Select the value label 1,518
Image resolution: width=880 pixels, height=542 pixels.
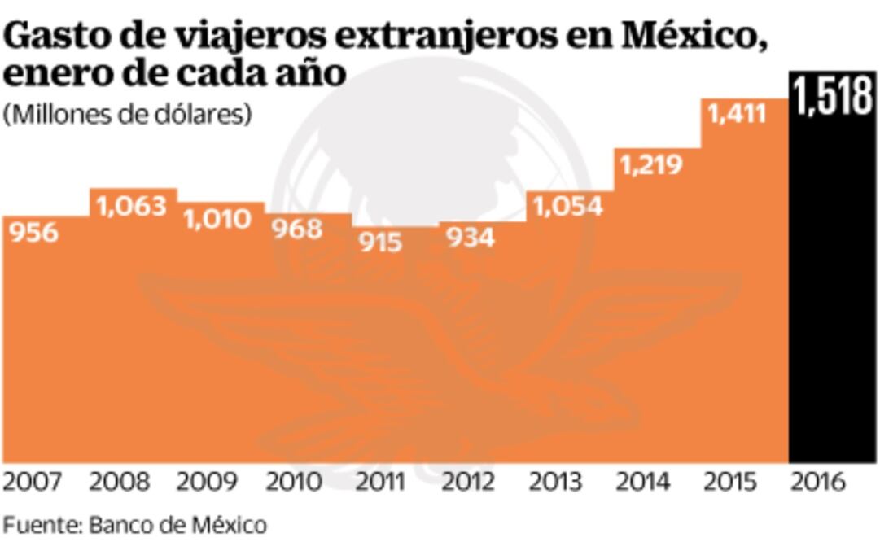tap(833, 97)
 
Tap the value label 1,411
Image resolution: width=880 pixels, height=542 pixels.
tap(738, 113)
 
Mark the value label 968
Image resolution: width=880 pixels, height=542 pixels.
tap(297, 229)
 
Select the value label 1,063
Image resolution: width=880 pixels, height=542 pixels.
tap(132, 206)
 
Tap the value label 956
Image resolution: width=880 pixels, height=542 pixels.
tap(33, 233)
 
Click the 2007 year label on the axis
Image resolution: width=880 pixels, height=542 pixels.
tap(33, 482)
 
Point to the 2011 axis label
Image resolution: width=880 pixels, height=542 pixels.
tap(382, 482)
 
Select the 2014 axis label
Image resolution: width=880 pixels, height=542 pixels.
tap(644, 482)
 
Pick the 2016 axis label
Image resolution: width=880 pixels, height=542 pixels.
tap(819, 482)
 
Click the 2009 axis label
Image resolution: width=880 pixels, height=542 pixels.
tap(208, 482)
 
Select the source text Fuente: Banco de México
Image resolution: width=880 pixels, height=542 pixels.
tap(134, 522)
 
